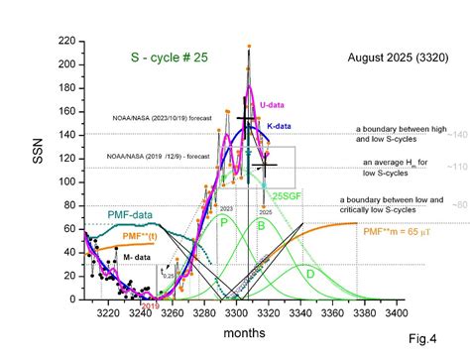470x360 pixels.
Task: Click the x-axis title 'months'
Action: click(245, 334)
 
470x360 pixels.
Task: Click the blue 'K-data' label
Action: click(280, 126)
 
